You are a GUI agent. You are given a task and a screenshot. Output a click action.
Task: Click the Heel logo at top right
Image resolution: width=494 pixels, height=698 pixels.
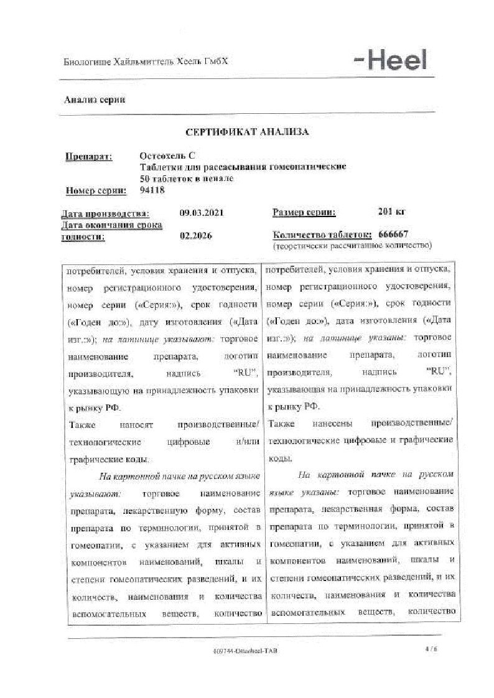click(x=390, y=60)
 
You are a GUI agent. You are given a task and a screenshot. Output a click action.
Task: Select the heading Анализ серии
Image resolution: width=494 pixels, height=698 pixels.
click(x=95, y=100)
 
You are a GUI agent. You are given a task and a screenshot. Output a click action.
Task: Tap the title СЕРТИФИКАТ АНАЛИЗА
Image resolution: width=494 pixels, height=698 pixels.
click(x=247, y=132)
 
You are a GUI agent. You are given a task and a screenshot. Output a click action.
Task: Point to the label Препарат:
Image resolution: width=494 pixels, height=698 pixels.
click(x=89, y=156)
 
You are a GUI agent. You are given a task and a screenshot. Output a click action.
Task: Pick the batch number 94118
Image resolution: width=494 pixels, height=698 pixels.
click(x=153, y=190)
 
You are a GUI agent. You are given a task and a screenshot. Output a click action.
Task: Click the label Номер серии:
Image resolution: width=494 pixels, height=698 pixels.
click(x=96, y=190)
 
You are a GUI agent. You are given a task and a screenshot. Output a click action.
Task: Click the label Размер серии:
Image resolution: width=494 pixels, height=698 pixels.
click(x=304, y=213)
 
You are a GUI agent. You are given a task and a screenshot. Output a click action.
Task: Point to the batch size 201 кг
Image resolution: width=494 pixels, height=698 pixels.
click(x=391, y=212)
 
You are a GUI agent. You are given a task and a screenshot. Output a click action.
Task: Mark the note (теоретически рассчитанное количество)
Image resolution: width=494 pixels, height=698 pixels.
click(x=352, y=246)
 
